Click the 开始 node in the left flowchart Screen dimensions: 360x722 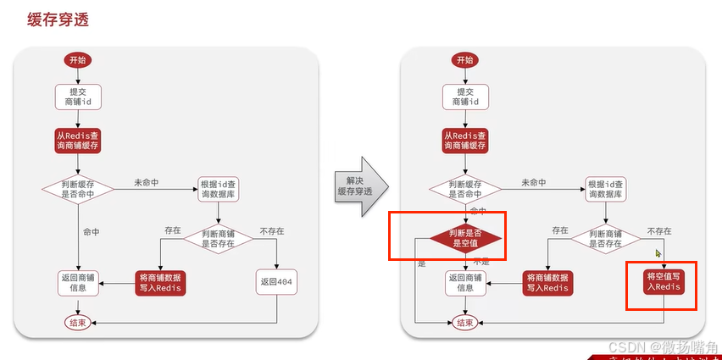pyautogui.click(x=78, y=60)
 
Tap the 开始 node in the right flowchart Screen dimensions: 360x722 pyautogui.click(x=465, y=60)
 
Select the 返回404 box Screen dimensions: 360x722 pyautogui.click(x=276, y=282)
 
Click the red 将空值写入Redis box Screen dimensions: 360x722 pyautogui.click(x=664, y=282)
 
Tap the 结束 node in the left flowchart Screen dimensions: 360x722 pyautogui.click(x=78, y=323)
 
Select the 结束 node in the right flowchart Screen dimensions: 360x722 pyautogui.click(x=465, y=323)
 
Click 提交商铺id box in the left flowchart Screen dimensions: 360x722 pyautogui.click(x=78, y=97)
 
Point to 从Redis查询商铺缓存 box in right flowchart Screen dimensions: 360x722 pyautogui.click(x=465, y=141)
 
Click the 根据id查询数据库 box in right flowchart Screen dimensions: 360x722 pyautogui.click(x=607, y=189)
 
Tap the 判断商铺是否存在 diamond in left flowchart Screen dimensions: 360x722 pyautogui.click(x=218, y=238)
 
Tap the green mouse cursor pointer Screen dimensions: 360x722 pyautogui.click(x=658, y=252)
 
